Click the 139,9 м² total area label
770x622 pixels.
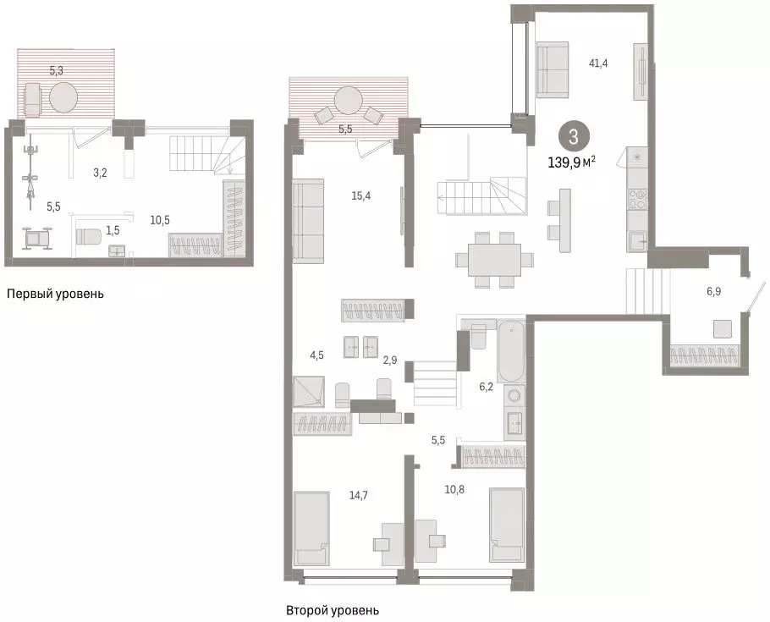[572, 162]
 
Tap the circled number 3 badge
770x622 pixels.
[574, 136]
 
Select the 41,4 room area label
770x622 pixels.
[597, 63]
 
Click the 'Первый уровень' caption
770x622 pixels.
[56, 294]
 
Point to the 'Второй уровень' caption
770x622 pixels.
[333, 611]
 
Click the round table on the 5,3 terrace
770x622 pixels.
[63, 97]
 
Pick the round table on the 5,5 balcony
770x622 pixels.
[348, 101]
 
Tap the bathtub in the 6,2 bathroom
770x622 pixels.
[511, 351]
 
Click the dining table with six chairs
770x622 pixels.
[494, 260]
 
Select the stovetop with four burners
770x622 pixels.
[637, 199]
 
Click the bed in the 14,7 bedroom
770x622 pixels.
[311, 529]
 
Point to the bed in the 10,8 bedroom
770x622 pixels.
[507, 525]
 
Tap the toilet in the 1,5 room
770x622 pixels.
[88, 237]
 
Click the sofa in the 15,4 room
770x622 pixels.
[308, 222]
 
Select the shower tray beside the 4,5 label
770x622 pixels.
[309, 392]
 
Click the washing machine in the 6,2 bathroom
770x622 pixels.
[514, 396]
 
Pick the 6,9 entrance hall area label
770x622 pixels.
[713, 291]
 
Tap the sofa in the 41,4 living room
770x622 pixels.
[553, 70]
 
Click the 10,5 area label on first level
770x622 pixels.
[160, 220]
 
